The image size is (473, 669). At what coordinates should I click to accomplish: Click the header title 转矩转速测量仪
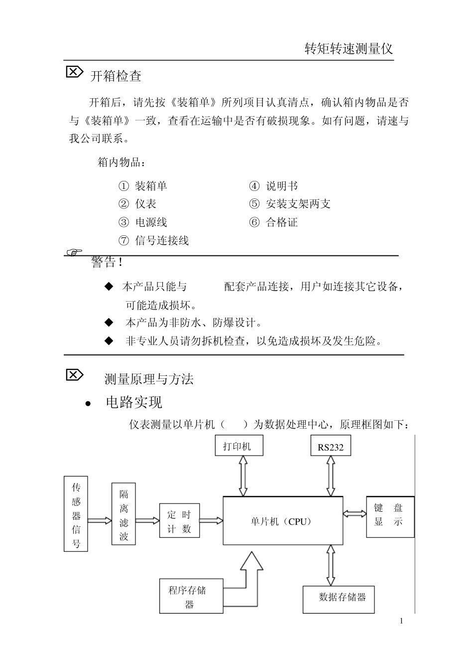point(349,49)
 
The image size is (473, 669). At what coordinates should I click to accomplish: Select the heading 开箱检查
point(116,76)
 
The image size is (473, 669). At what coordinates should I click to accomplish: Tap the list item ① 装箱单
point(143,186)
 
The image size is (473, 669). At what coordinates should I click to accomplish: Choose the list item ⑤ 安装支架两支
point(290,204)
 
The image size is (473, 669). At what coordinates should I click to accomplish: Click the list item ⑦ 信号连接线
point(154,241)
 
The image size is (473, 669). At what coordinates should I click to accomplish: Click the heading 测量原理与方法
point(149,379)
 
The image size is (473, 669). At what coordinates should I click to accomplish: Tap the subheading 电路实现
point(134,402)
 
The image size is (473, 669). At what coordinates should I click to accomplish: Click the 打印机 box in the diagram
point(237,446)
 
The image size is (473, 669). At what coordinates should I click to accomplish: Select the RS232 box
point(330,447)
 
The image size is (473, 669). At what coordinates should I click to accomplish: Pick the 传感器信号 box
point(76,513)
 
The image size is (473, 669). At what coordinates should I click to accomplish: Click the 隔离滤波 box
point(124,514)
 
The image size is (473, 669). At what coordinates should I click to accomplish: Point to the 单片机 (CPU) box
point(282,521)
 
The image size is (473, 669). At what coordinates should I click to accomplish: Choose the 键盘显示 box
point(390,516)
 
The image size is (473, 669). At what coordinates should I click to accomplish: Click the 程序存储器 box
point(191,596)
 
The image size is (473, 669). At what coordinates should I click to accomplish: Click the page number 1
point(401,621)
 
